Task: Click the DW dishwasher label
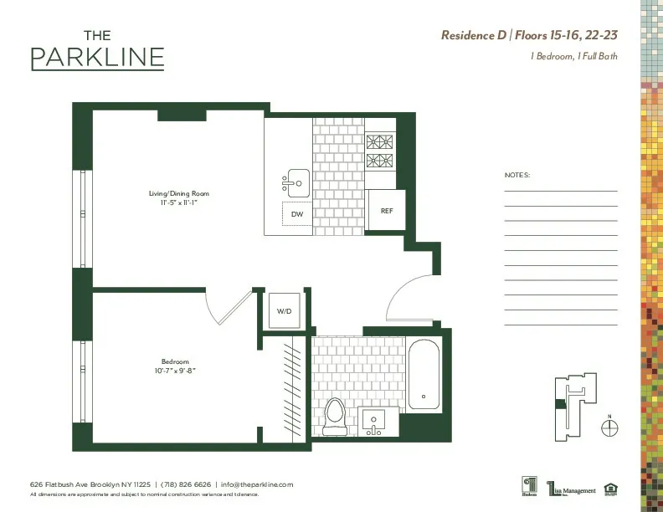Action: pos(296,214)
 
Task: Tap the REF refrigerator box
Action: pos(386,211)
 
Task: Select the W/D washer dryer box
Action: pos(284,311)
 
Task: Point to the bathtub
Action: pos(424,374)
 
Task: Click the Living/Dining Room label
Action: pos(172,193)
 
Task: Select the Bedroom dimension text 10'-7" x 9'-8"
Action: pos(175,370)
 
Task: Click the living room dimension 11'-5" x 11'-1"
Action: pos(172,202)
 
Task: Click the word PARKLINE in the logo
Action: pos(97,58)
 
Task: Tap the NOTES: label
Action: pos(517,176)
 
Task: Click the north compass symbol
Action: pos(610,426)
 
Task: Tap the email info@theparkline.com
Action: pos(257,484)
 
